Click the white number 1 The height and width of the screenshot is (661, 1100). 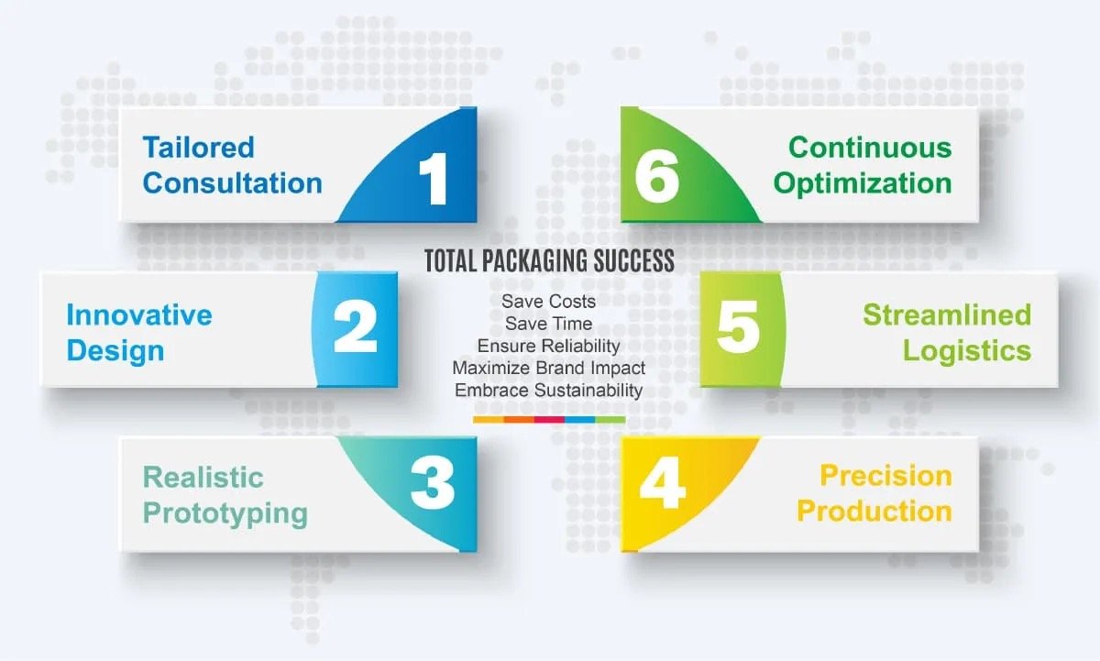pos(434,178)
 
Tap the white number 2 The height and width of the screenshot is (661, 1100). pos(356,326)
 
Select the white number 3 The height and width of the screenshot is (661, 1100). pos(433,483)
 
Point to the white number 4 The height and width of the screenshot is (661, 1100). pos(663,483)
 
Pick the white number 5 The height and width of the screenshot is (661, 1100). pos(738,326)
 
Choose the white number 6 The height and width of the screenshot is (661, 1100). pos(657,177)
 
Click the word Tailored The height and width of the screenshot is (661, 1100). pos(199,148)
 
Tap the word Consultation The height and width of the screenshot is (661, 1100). pos(233,183)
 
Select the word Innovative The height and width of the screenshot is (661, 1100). pos(139,314)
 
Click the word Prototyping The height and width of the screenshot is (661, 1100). pos(225,514)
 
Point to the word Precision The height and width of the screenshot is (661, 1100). pos(886,476)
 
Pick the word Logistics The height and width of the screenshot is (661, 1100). pos(967,352)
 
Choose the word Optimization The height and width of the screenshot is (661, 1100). pos(863,184)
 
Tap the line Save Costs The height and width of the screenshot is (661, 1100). pos(548,302)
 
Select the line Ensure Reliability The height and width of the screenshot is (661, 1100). pos(548,347)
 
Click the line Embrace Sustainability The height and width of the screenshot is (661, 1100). pos(548,391)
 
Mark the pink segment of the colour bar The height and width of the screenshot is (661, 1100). pos(549,419)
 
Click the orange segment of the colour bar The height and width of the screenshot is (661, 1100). pos(519,419)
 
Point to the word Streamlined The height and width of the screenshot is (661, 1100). pos(947,314)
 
